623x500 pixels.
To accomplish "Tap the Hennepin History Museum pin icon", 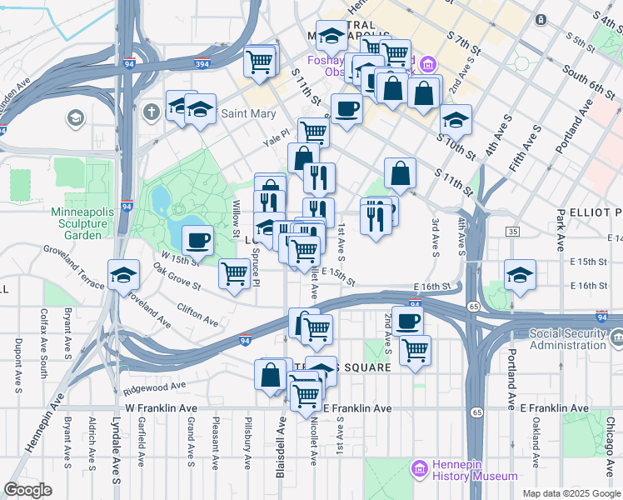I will point(419,468).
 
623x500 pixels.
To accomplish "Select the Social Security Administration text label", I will point(556,339).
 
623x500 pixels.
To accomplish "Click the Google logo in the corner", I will point(27,490).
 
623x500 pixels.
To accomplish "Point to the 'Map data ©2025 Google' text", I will point(571,493).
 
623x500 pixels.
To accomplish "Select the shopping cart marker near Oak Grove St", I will point(236,273).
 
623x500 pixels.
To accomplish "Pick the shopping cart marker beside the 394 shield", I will point(260,60).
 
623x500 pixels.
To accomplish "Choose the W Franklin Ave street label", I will point(161,408).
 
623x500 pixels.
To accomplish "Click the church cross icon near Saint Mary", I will point(151,111).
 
